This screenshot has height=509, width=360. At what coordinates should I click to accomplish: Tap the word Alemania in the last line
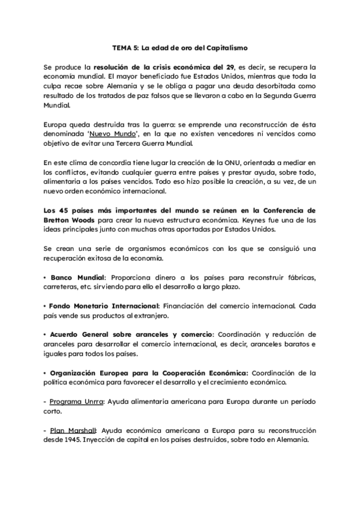click(292, 439)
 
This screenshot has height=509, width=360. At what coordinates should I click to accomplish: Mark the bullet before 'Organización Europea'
click(46, 373)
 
